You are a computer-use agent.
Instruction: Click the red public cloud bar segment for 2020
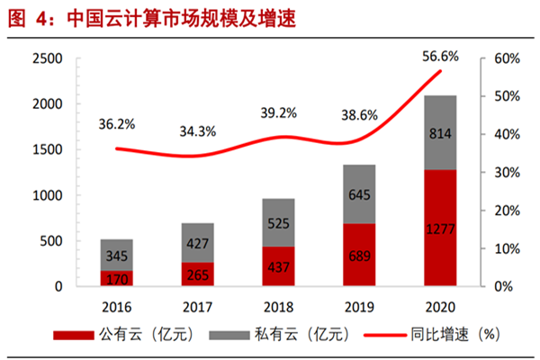pyautogui.click(x=439, y=228)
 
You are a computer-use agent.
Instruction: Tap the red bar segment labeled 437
pyautogui.click(x=279, y=266)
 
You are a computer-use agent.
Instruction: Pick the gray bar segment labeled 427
pyautogui.click(x=198, y=243)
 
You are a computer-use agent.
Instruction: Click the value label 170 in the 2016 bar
pyautogui.click(x=118, y=278)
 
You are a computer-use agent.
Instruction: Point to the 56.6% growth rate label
pyautogui.click(x=440, y=56)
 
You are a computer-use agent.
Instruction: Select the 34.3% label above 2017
pyautogui.click(x=198, y=131)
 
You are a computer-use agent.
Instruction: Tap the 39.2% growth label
pyautogui.click(x=280, y=113)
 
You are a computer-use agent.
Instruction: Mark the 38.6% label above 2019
pyautogui.click(x=360, y=116)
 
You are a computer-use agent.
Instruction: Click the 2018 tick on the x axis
pyautogui.click(x=279, y=303)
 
